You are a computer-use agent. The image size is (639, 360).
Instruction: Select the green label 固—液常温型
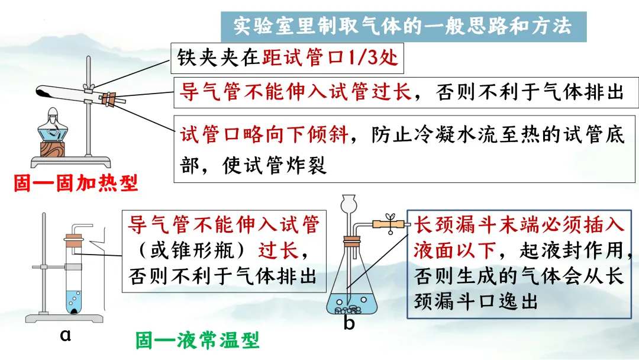pos(198,340)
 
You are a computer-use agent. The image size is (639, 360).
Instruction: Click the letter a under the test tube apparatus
pos(66,335)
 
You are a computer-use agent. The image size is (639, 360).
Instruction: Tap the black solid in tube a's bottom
pos(75,308)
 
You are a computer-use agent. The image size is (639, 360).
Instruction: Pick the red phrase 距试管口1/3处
pos(330,57)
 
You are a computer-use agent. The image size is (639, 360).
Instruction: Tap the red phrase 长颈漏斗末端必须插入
pos(518,226)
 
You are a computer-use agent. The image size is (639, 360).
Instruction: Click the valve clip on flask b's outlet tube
pos(390,221)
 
